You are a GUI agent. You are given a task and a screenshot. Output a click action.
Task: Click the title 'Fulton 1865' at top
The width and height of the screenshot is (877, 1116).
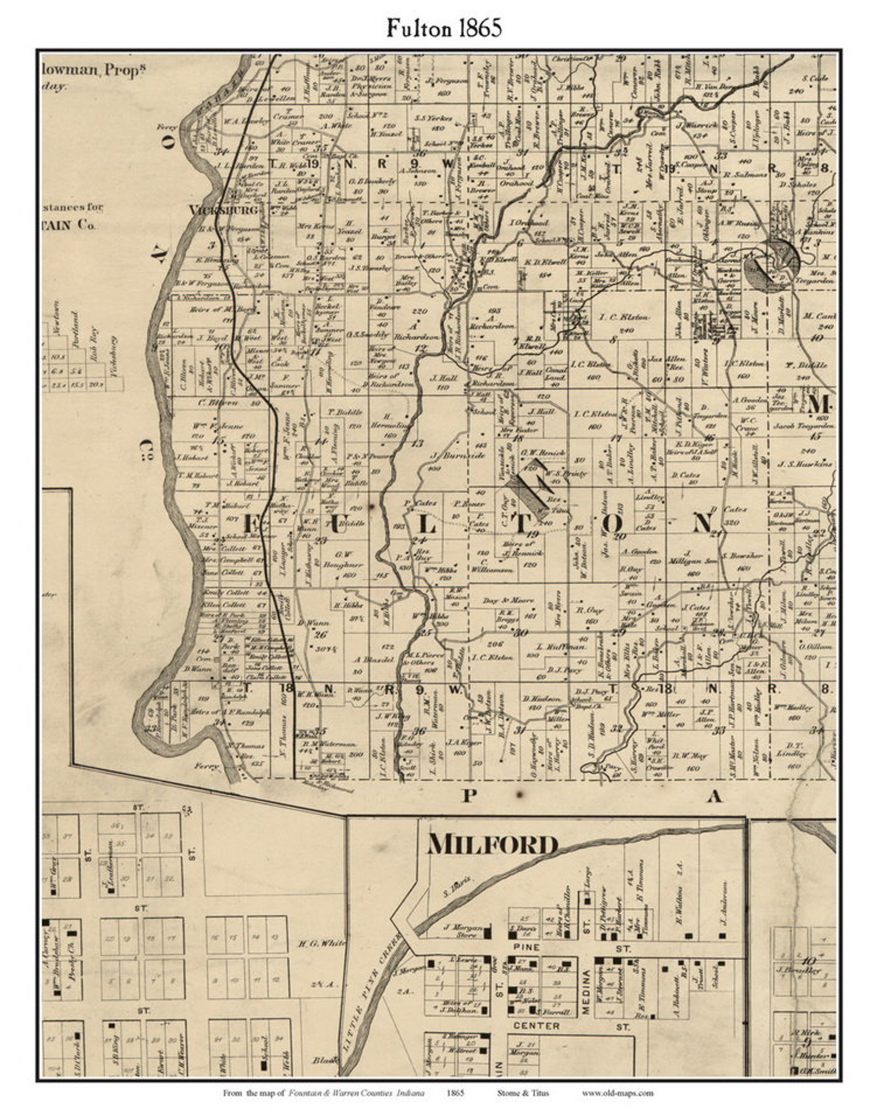[443, 28]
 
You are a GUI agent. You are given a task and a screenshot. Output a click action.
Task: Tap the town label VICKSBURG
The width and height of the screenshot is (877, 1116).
[223, 210]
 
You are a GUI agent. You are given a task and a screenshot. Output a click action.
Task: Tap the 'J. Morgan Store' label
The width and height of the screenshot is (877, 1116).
[463, 931]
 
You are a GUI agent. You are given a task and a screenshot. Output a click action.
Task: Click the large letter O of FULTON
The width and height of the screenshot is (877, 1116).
[615, 523]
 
